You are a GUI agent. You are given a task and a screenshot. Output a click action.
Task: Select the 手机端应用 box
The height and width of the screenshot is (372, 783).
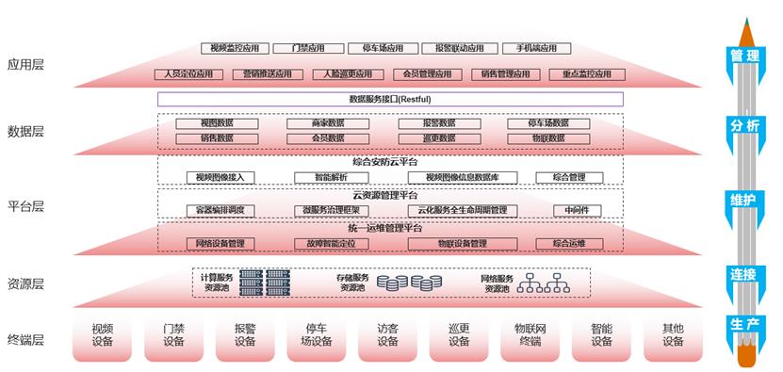point(530,48)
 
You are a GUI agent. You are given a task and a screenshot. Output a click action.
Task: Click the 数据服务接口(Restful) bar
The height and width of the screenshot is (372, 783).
point(390,99)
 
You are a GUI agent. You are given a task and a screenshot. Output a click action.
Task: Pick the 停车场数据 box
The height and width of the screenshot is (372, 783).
point(549,123)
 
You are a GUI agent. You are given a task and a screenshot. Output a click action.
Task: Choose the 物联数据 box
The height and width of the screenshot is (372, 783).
point(549,137)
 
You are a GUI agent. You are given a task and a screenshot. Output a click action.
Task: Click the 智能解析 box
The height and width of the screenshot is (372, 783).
point(331,177)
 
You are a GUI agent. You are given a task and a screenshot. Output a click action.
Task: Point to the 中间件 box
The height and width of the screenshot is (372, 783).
point(577,210)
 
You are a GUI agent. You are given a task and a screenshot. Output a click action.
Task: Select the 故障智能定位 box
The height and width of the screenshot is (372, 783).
point(331,243)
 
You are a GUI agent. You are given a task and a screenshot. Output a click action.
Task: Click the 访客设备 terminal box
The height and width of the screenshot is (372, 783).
point(388,335)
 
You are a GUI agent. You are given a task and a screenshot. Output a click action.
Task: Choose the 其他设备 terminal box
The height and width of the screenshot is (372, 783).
point(673,335)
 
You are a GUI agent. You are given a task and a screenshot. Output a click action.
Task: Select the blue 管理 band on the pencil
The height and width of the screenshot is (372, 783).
point(744,56)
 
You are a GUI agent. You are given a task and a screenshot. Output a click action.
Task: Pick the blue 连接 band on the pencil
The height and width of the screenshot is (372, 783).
point(744,274)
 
